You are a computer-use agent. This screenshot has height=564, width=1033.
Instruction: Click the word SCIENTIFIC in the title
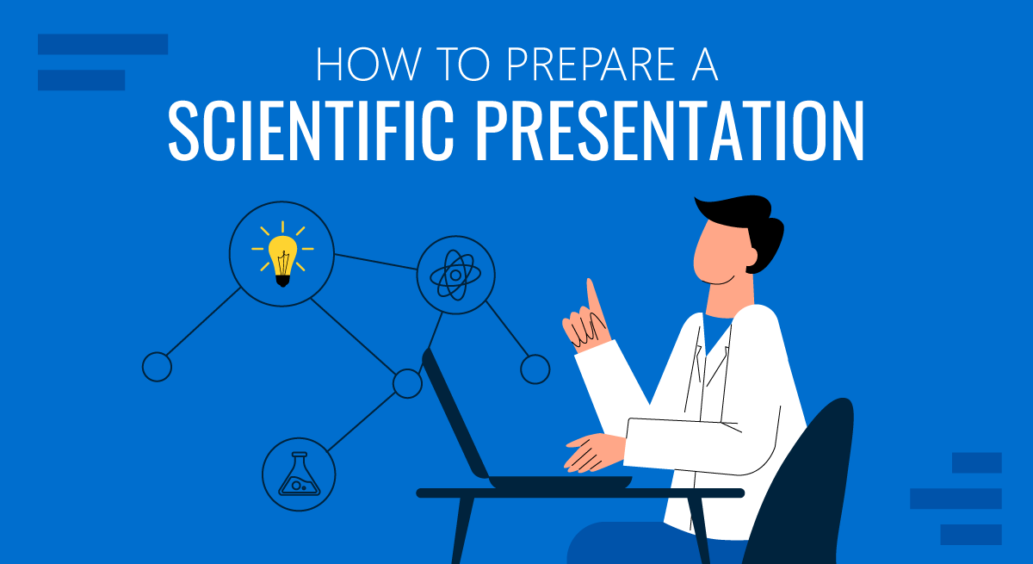[x=312, y=131]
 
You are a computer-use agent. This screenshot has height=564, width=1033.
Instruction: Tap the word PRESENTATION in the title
[x=670, y=131]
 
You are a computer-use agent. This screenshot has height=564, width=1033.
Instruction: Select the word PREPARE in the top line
[x=591, y=64]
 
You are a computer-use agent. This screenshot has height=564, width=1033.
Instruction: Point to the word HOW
[x=369, y=64]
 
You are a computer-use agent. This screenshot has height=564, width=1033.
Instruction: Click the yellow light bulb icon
[x=282, y=254]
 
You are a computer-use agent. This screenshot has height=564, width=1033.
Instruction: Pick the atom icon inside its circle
[x=455, y=275]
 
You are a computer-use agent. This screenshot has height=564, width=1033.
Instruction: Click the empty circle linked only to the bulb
[x=158, y=367]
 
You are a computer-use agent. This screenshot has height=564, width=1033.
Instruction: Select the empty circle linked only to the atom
[x=535, y=369]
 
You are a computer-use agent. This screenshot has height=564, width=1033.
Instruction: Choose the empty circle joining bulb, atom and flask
[x=407, y=383]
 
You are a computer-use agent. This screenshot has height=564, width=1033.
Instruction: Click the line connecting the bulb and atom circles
[x=375, y=262]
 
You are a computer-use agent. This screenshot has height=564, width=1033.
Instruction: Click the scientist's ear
[x=751, y=257]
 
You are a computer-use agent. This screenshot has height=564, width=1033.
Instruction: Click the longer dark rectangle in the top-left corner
[x=102, y=44]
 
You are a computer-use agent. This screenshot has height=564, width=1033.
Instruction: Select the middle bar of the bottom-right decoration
[x=956, y=499]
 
